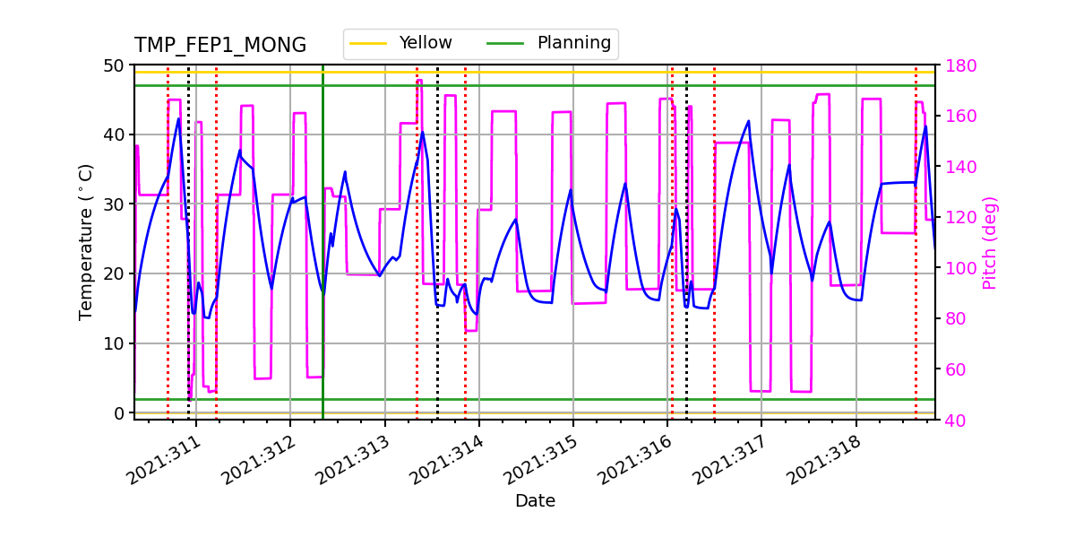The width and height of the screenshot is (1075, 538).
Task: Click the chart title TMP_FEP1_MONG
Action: (219, 46)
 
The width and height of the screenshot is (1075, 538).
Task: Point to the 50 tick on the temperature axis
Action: (116, 65)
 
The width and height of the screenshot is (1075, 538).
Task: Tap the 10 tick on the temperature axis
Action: (116, 343)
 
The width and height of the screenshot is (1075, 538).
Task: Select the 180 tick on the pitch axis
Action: (956, 65)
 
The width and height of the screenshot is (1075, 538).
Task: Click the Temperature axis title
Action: (86, 242)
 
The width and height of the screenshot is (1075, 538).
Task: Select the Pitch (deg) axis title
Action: (989, 242)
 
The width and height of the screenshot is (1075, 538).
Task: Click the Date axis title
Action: (535, 501)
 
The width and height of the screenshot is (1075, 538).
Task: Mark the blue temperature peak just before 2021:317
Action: (749, 120)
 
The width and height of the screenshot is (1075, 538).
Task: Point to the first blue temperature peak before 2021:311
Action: (178, 118)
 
